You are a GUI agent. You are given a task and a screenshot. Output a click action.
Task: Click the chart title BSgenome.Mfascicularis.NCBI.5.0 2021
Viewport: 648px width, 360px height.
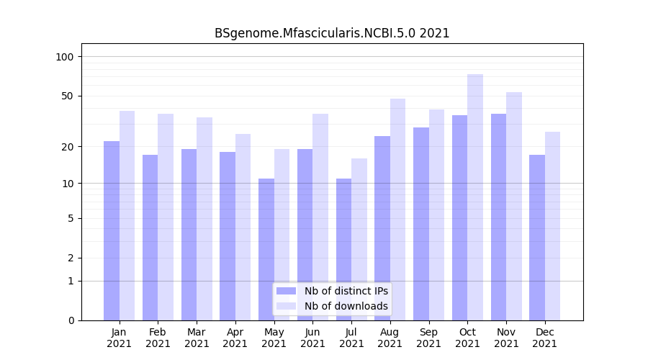tap(332, 33)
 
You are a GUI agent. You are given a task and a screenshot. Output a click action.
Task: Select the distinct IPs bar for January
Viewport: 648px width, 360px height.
tap(112, 230)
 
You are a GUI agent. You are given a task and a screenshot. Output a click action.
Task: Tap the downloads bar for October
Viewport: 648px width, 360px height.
tap(475, 197)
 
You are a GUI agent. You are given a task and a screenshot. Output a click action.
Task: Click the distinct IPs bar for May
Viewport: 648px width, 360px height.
tap(266, 249)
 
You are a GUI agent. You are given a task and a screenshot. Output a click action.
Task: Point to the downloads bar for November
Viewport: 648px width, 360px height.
tap(514, 206)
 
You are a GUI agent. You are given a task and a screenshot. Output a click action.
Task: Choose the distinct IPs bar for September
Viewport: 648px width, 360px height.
tap(421, 224)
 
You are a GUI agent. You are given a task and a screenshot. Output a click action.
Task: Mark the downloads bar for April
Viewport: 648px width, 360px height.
tap(243, 227)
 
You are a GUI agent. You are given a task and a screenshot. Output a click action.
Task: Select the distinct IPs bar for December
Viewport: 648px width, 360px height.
tap(537, 238)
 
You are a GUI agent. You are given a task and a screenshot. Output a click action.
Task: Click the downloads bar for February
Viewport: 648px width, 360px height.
tap(166, 217)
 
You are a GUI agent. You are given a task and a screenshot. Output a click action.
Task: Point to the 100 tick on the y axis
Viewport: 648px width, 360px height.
tap(66, 57)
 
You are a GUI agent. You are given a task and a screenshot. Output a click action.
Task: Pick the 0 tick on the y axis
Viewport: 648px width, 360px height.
tap(71, 320)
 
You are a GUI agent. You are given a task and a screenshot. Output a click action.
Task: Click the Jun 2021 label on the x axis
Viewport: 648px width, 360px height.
tap(312, 338)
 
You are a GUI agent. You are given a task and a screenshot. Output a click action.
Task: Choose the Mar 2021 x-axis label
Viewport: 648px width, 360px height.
tap(197, 338)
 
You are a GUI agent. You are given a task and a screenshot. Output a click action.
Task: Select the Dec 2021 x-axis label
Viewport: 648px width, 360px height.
tap(544, 338)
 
